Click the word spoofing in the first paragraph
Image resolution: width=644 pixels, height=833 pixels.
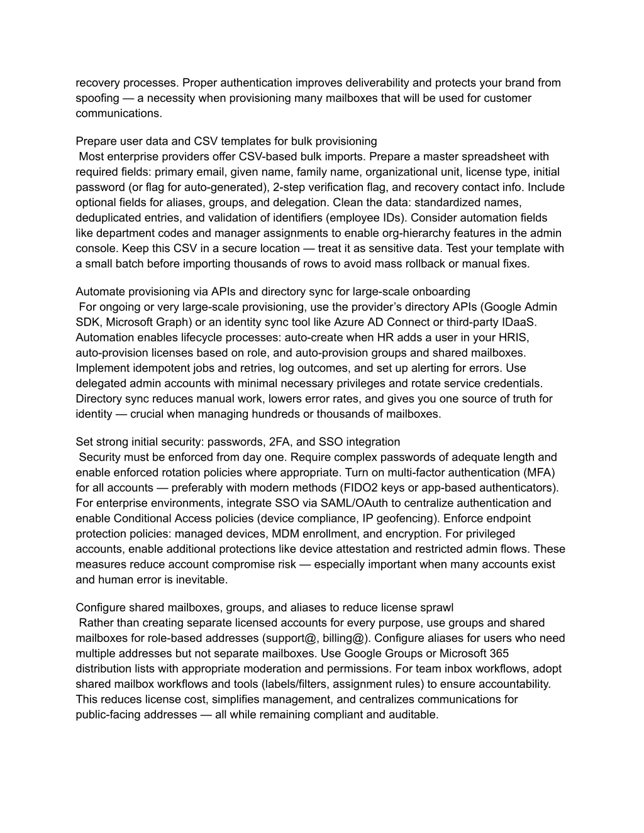[97, 98]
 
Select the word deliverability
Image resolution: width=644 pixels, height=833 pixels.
[375, 83]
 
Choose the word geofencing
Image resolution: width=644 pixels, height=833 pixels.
[406, 519]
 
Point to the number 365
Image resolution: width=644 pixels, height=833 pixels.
[498, 653]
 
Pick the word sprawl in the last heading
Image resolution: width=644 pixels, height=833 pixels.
[438, 607]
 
